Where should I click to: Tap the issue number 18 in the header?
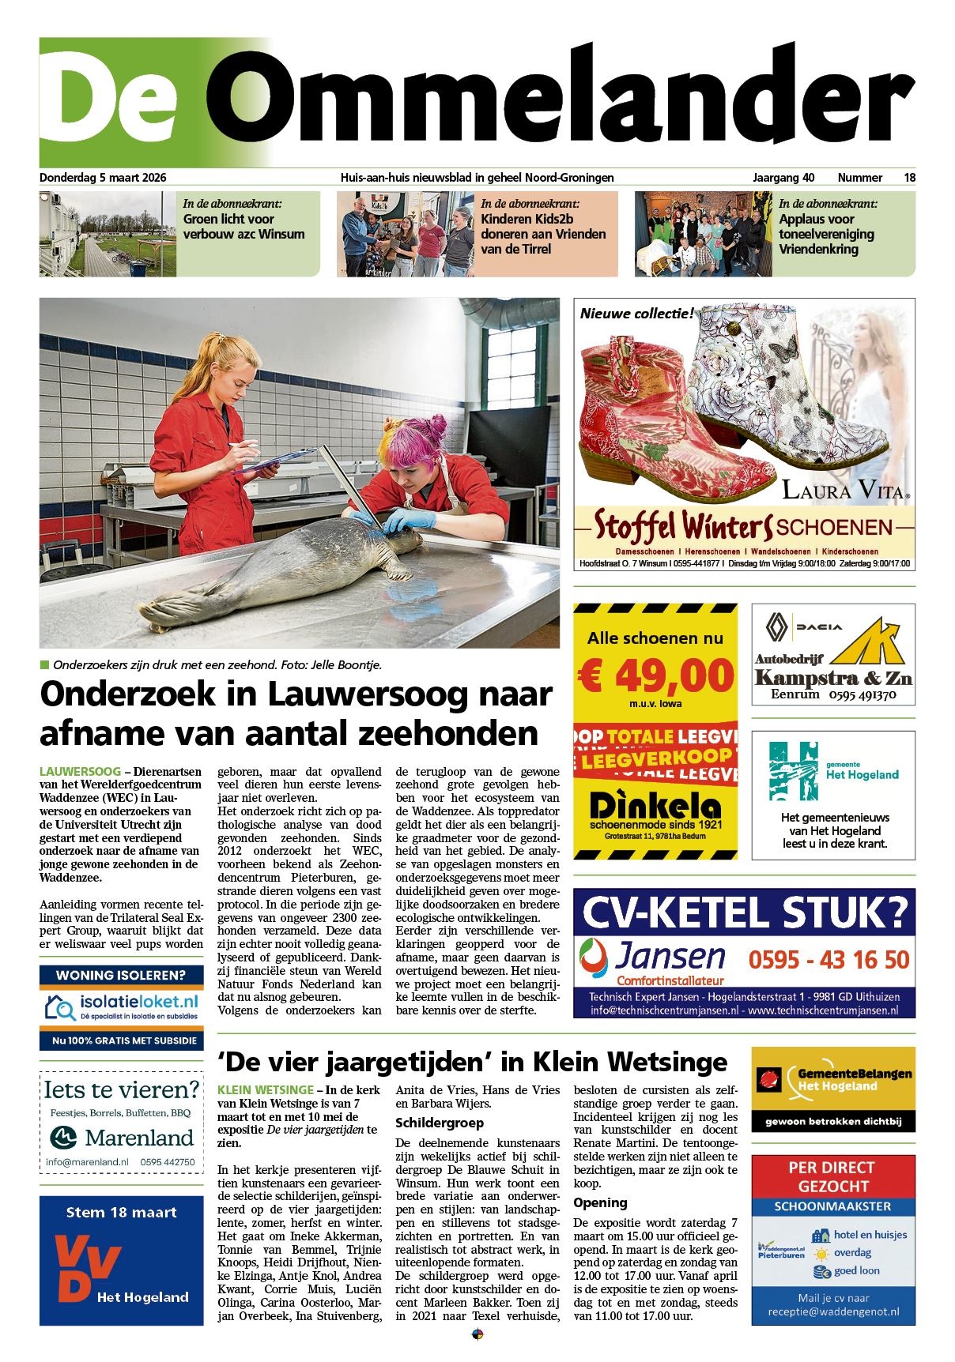[910, 178]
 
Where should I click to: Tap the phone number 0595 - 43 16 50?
[829, 960]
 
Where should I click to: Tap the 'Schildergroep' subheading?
[440, 1123]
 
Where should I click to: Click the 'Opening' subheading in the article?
[600, 1202]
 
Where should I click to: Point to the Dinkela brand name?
[655, 807]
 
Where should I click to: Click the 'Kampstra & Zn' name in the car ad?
[833, 678]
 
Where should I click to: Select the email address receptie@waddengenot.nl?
[833, 1311]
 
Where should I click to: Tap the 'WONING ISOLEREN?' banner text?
[121, 975]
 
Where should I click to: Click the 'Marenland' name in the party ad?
[139, 1138]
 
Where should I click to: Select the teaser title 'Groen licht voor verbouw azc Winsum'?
[243, 227]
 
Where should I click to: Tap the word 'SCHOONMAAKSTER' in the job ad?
[832, 1206]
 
